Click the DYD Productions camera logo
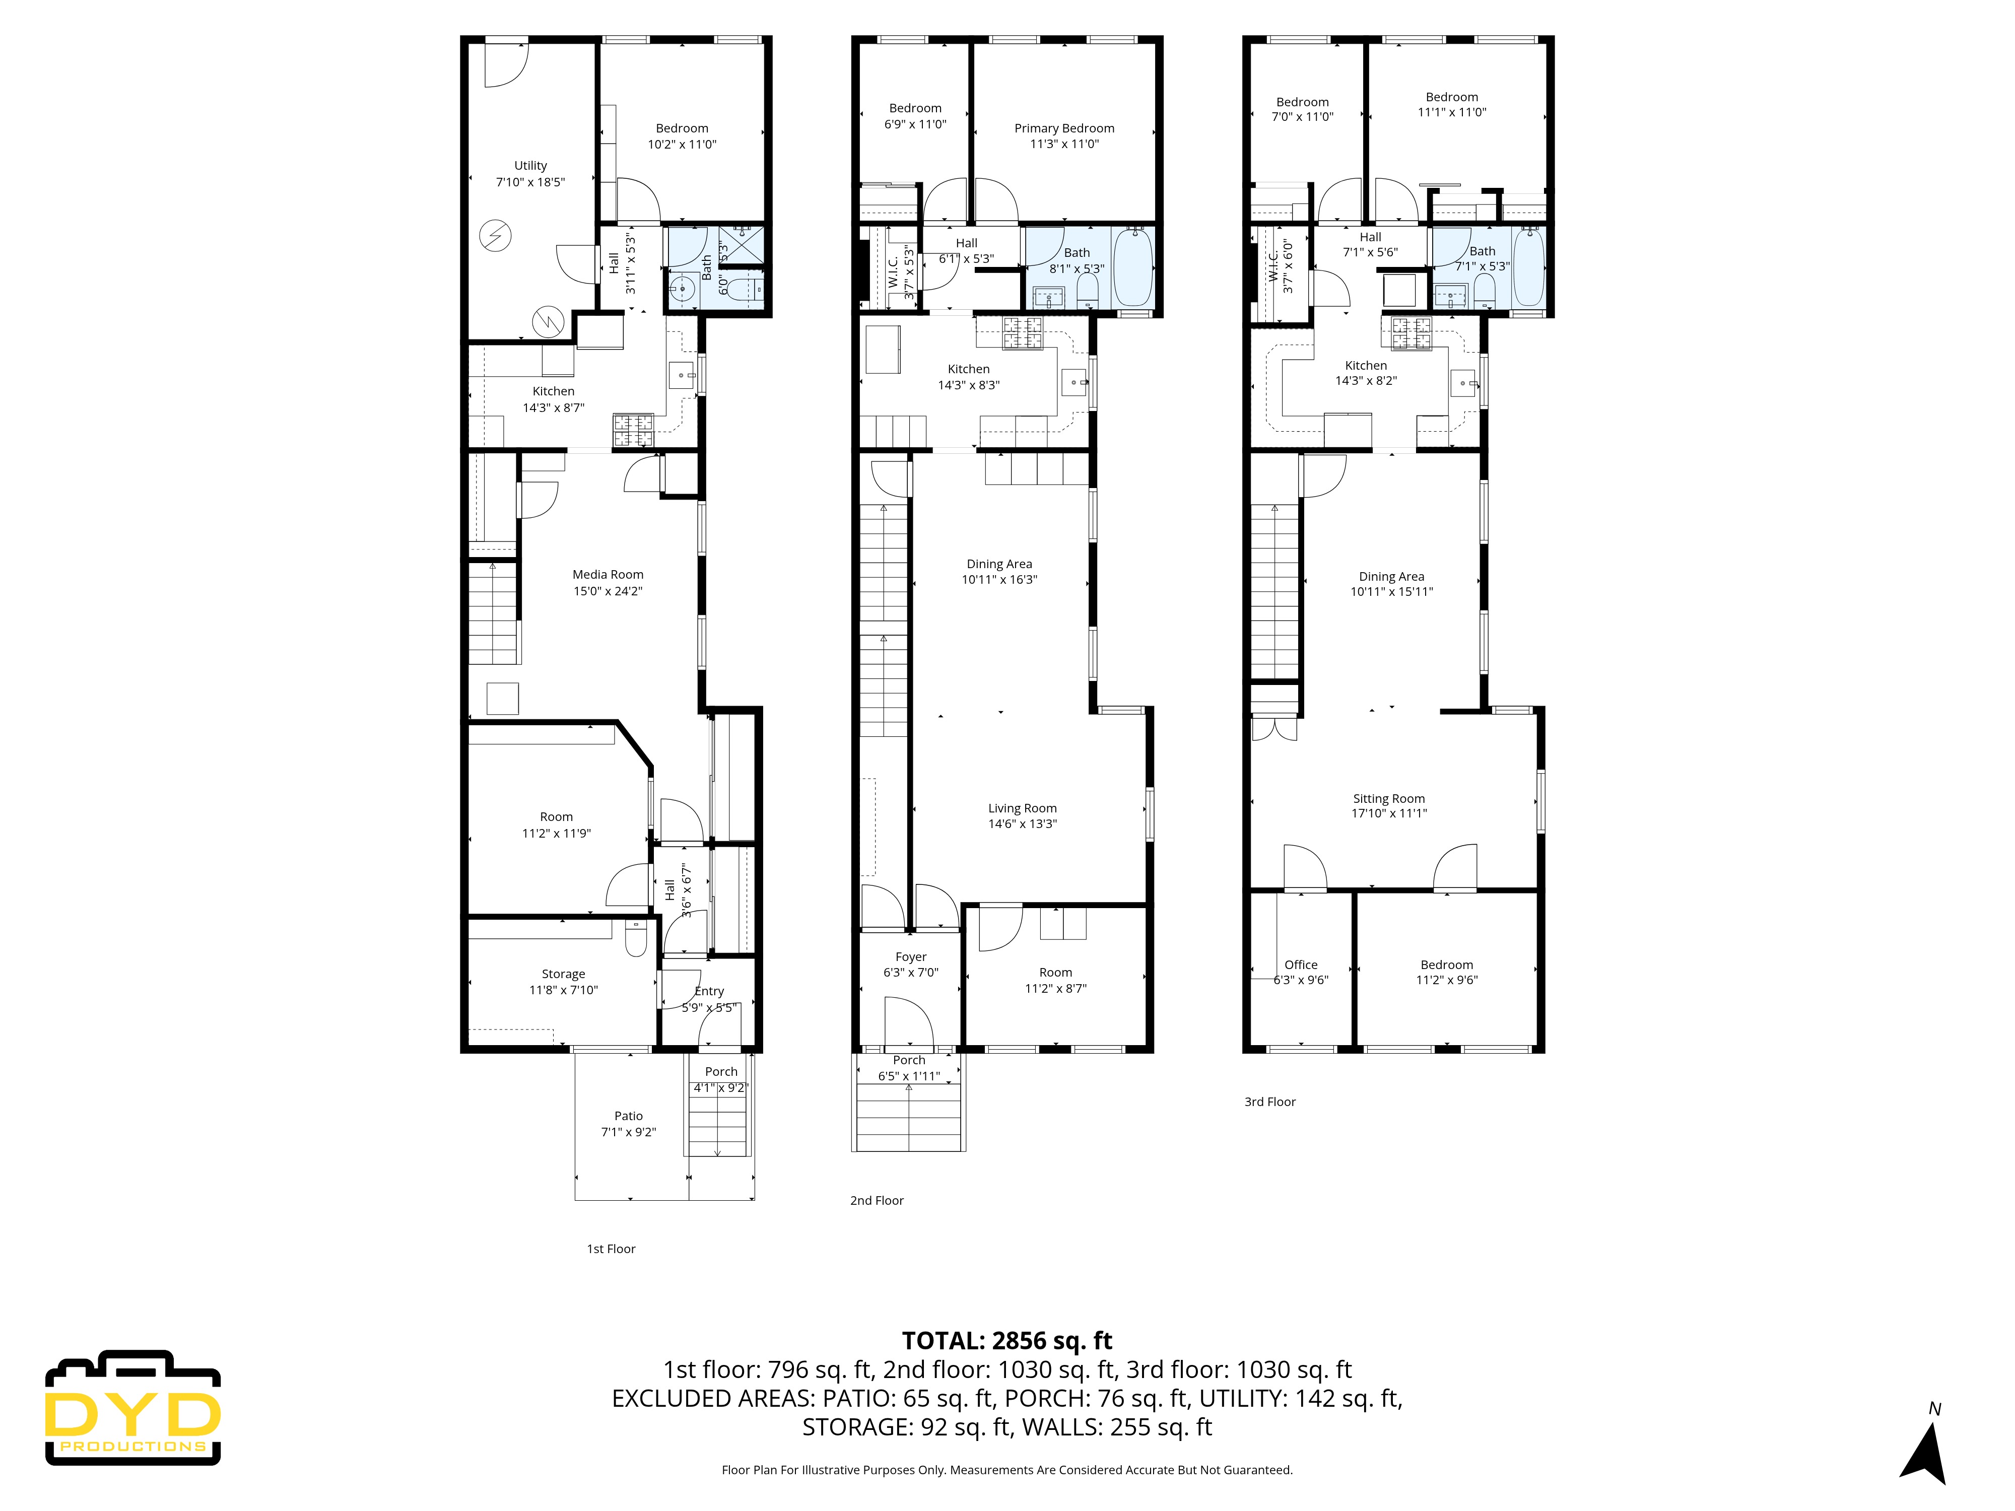133,1408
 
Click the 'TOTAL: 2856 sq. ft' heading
1006,1341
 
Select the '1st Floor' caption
611,1249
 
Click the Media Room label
608,575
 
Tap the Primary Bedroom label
1064,128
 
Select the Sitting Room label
1388,799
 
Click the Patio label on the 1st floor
628,1116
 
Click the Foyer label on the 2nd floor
910,957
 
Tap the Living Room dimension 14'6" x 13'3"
1022,823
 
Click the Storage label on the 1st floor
563,974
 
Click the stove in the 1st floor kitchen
632,430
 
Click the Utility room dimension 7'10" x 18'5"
530,182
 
